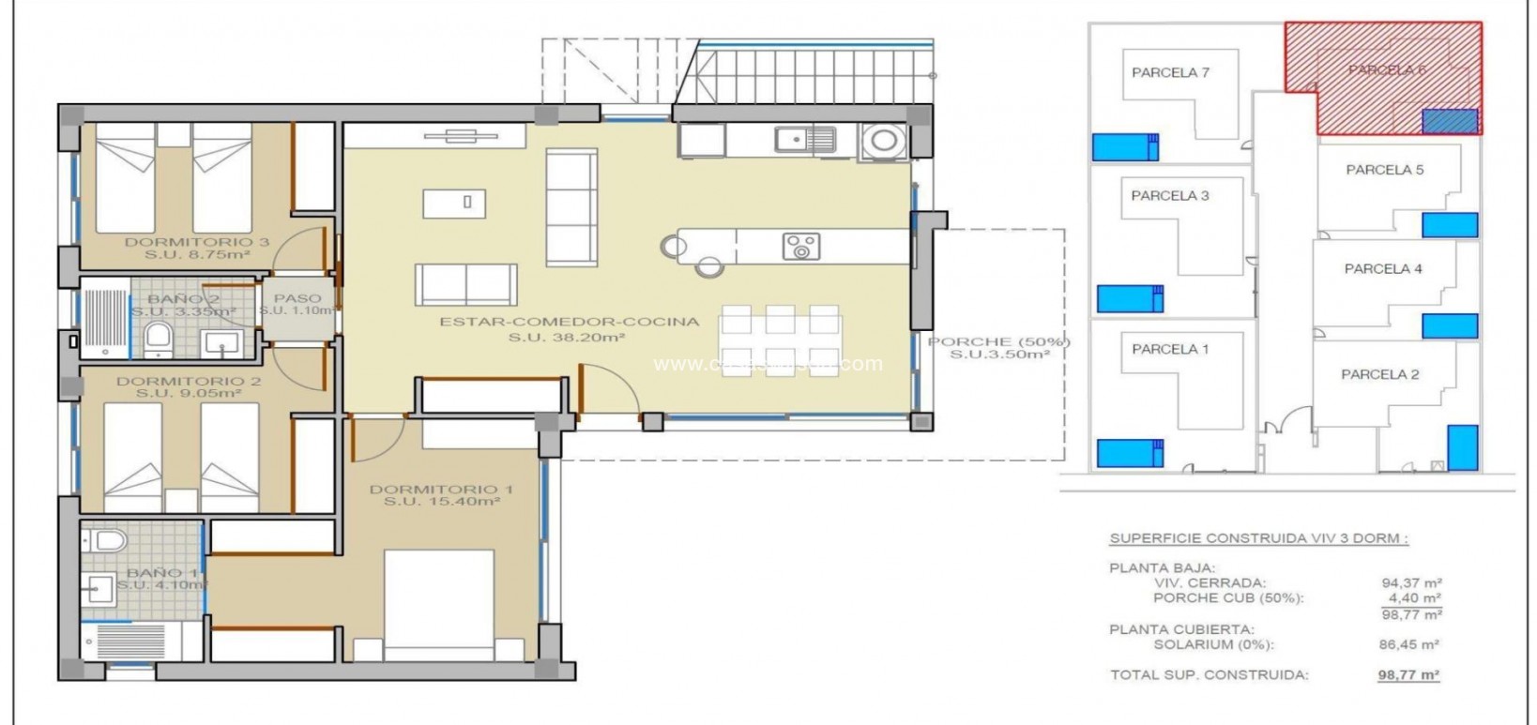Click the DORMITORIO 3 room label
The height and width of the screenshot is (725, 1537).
pos(197,242)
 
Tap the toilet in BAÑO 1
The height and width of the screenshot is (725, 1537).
pos(109,540)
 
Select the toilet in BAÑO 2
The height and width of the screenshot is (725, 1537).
pos(159,340)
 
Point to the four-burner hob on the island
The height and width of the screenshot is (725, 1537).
pos(800,247)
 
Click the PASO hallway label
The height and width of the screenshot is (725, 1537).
pos(297,298)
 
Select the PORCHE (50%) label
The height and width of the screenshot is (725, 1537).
pos(998,342)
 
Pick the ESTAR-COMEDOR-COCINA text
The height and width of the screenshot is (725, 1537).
pos(570,322)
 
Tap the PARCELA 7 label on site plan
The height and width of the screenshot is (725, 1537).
pos(1170,72)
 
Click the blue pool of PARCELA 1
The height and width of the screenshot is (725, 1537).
pos(1130,452)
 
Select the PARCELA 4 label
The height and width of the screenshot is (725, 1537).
pos(1383,268)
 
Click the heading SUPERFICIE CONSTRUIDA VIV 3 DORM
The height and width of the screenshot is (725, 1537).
pos(1258,538)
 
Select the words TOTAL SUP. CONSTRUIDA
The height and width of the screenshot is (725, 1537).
pos(1209,674)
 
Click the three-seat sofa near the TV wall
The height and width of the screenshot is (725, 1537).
pos(571,207)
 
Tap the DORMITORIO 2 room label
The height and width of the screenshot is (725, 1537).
pos(189,381)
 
